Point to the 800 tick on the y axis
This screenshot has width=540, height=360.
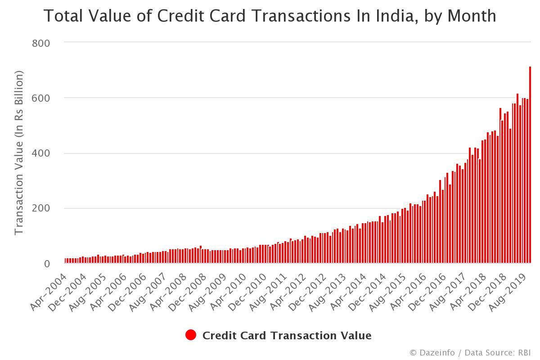point(41,43)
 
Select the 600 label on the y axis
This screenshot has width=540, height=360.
point(41,99)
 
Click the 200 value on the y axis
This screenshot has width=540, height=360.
point(41,209)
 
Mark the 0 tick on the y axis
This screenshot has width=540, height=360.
point(47,264)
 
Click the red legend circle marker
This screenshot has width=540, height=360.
point(191,335)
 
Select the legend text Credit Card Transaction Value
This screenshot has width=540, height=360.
point(287,336)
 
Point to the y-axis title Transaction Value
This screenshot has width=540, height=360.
point(18,153)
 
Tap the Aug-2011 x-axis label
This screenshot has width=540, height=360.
point(267,292)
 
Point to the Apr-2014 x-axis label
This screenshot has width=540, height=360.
point(348,292)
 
